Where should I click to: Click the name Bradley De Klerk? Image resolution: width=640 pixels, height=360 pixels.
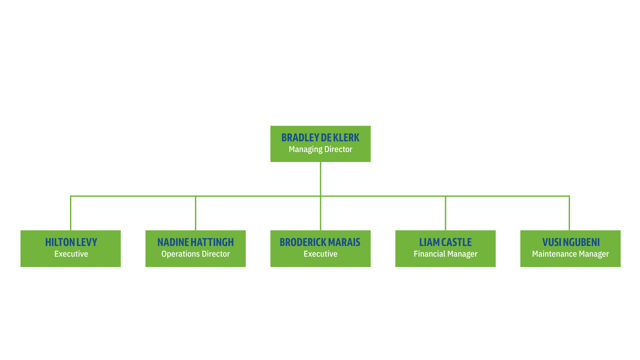[320, 138]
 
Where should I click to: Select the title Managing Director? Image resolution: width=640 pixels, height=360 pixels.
[320, 149]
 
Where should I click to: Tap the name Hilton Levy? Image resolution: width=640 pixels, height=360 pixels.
[71, 242]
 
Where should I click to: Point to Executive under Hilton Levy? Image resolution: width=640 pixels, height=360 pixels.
[71, 254]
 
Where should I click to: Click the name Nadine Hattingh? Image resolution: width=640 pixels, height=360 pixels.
[196, 242]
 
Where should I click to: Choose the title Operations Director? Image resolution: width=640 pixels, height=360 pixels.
[196, 254]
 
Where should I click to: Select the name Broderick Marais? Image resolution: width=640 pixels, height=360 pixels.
[320, 242]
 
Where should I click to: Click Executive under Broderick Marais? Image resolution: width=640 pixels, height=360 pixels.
[320, 254]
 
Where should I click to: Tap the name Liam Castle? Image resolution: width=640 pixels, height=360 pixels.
[445, 242]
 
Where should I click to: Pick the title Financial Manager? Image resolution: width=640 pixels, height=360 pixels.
[445, 254]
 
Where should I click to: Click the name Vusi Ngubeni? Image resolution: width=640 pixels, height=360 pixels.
[571, 242]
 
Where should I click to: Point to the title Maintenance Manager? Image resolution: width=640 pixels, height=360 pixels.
[570, 254]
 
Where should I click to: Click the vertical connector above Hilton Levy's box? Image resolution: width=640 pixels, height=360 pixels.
[71, 213]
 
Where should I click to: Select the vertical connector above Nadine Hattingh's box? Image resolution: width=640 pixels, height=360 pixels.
[196, 213]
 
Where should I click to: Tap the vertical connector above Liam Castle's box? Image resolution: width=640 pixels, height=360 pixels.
[445, 213]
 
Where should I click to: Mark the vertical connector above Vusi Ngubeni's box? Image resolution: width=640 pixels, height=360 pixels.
[569, 213]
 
